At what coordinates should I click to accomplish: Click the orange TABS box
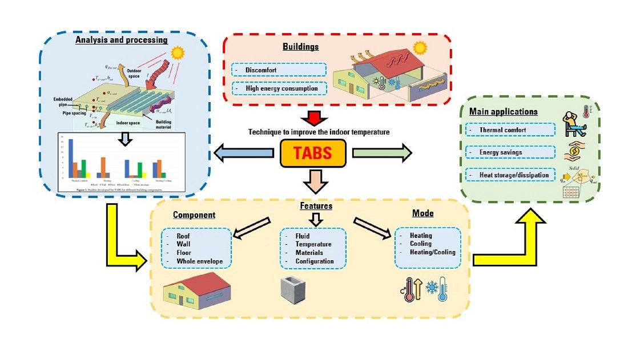coord(313,152)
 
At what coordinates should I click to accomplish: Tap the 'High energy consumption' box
coord(279,88)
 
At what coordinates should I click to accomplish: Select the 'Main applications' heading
coord(504,112)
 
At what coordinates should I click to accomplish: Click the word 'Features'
coord(316,205)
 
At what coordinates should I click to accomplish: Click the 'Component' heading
coord(194,216)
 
